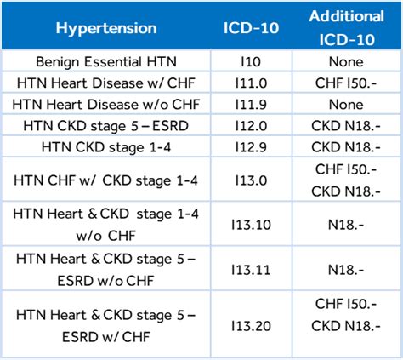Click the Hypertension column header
coord(106,28)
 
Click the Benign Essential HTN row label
coord(106,62)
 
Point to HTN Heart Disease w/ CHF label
coord(106,83)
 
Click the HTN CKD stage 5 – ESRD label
coord(106,126)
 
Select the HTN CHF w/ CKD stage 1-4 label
coord(106,180)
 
